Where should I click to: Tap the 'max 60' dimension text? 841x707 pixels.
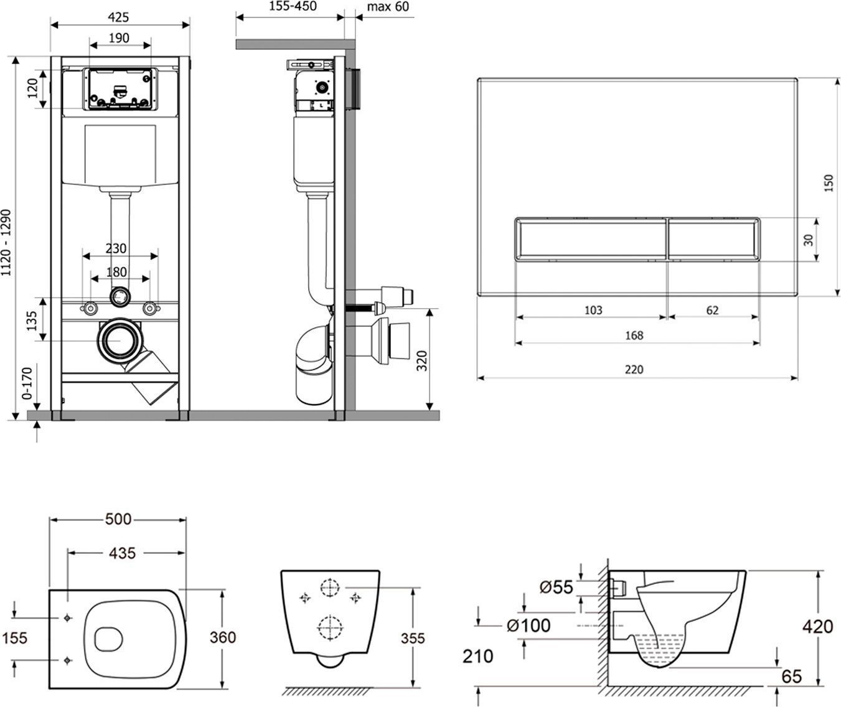[x=388, y=7]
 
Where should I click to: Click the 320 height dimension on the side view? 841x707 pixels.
[x=421, y=359]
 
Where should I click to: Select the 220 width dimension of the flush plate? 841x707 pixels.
[x=634, y=369]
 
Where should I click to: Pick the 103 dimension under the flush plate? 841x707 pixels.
[x=594, y=309]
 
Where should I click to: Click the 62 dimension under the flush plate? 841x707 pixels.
[x=713, y=309]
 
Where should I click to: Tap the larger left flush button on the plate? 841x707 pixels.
[x=591, y=238]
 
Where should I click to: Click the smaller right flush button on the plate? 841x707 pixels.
[x=713, y=238]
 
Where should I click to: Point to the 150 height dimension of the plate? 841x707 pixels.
[x=829, y=183]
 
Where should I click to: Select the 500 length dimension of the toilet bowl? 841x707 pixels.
[x=118, y=518]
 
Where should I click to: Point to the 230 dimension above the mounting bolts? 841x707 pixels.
[x=116, y=248]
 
